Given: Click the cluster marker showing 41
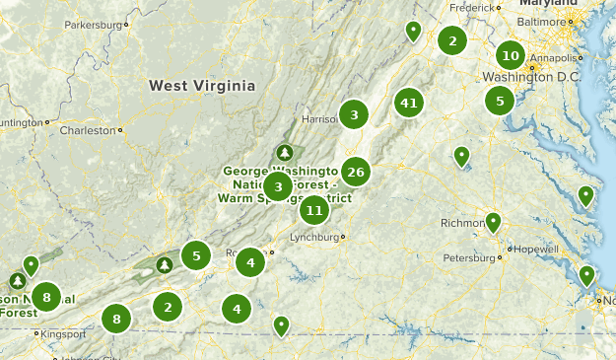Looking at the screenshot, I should (x=409, y=103).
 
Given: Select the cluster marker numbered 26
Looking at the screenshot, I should (x=356, y=172).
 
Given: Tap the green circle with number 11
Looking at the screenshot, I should (x=314, y=209).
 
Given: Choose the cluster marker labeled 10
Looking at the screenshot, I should (x=510, y=54).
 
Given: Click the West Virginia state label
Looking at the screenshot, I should (x=202, y=86).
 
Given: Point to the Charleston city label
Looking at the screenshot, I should (x=88, y=129).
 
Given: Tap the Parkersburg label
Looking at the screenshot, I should (x=97, y=25).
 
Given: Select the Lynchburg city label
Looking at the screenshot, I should (x=315, y=238).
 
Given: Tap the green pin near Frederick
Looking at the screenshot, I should (x=413, y=32).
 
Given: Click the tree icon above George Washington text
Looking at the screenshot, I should (x=285, y=153).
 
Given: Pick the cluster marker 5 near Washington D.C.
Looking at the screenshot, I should (x=500, y=100).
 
